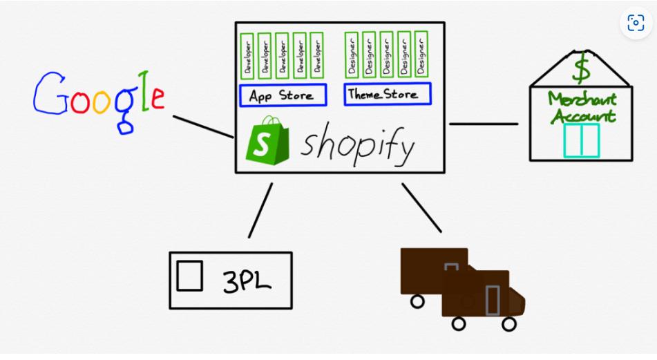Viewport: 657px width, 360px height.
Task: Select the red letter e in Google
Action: pyautogui.click(x=158, y=98)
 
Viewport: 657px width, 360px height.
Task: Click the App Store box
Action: pyautogui.click(x=283, y=95)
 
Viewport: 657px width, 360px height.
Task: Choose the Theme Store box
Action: pyautogui.click(x=388, y=95)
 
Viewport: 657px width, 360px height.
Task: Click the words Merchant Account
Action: pyautogui.click(x=582, y=108)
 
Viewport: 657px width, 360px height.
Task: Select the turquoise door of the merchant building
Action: pyautogui.click(x=581, y=140)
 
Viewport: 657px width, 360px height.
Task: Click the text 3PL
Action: pyautogui.click(x=247, y=281)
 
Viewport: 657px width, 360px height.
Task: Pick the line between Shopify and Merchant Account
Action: pyautogui.click(x=483, y=124)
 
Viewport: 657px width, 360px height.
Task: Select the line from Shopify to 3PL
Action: pyautogui.click(x=260, y=210)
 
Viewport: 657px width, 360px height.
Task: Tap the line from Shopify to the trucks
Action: pyautogui.click(x=421, y=207)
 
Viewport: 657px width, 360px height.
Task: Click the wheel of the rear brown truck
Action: pyautogui.click(x=417, y=301)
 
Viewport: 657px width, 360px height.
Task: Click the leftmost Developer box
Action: pyautogui.click(x=247, y=55)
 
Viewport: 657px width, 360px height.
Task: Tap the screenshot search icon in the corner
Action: pyautogui.click(x=636, y=24)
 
